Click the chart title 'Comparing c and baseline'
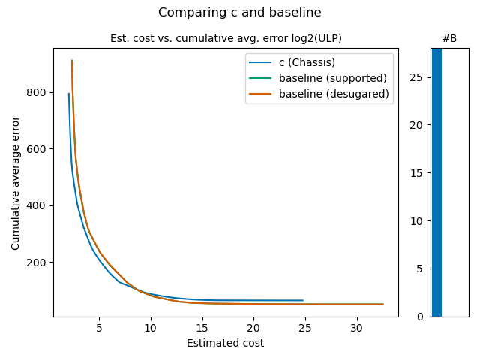[x=240, y=12]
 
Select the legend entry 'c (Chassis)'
[x=307, y=62]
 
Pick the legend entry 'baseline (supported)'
[x=333, y=78]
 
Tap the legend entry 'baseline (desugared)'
[x=334, y=94]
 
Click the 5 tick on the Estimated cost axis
[x=99, y=328]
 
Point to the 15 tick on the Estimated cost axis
[x=202, y=328]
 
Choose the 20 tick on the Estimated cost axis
[x=254, y=328]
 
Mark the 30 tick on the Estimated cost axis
[x=357, y=328]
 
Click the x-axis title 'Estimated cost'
[x=226, y=343]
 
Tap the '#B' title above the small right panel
[x=449, y=38]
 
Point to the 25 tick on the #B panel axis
[x=419, y=77]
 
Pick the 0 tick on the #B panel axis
[x=421, y=316]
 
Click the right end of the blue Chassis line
[x=303, y=300]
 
